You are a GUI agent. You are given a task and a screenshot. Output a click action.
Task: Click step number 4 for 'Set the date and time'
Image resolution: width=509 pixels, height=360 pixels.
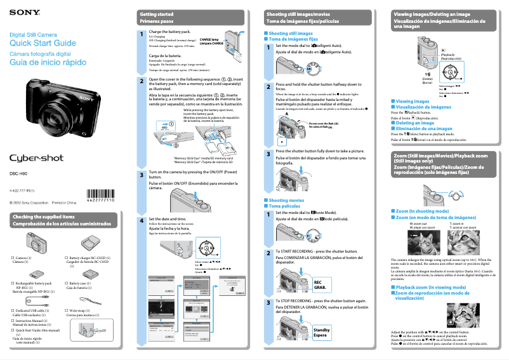[142, 219]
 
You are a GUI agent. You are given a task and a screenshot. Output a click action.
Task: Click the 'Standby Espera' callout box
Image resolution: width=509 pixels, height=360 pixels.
[322, 332]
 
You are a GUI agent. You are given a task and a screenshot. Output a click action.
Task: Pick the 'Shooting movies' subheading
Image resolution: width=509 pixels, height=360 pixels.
[286, 200]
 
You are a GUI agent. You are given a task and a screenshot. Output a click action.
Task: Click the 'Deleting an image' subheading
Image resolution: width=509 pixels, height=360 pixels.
[419, 123]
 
